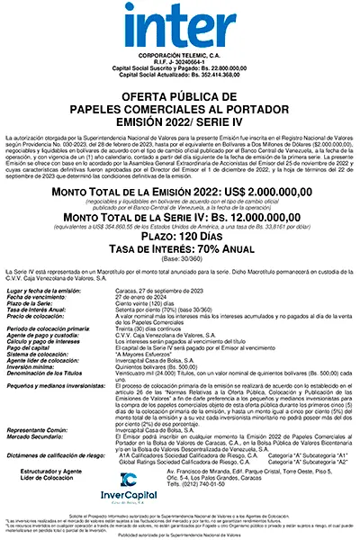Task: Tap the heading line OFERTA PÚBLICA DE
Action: point(180,96)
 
